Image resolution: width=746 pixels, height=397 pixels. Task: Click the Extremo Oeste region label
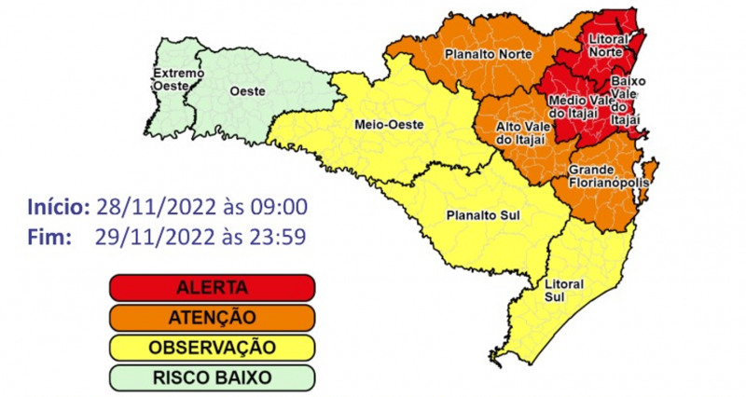pos(172,79)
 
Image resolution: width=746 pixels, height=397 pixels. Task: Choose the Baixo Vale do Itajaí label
pos(626,101)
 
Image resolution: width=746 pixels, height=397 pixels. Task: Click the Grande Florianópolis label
pos(603,176)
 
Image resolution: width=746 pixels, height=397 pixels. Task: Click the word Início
pos(58,206)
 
